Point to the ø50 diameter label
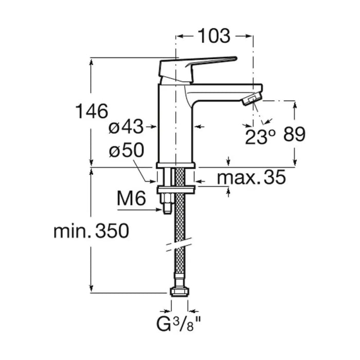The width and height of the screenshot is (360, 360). [x=126, y=151]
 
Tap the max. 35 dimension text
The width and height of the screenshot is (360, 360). [x=250, y=178]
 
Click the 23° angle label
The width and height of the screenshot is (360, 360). [x=260, y=136]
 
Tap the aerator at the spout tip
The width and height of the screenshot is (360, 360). [x=251, y=99]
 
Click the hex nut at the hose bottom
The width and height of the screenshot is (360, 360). [x=179, y=292]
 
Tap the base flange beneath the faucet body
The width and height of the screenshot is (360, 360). [x=175, y=165]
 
